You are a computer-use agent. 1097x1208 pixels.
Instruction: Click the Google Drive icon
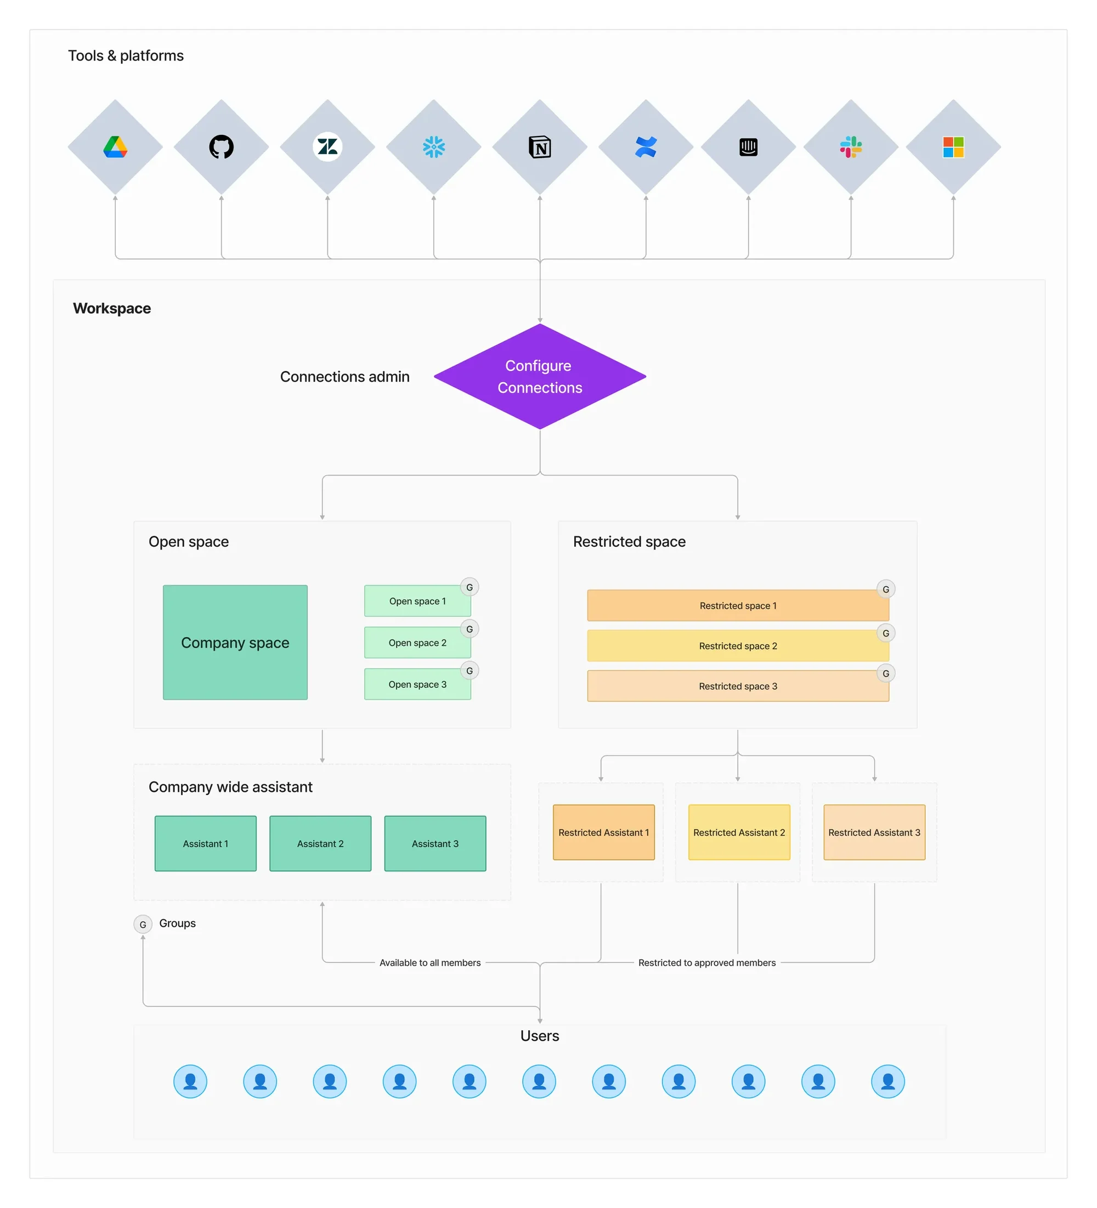pos(115,147)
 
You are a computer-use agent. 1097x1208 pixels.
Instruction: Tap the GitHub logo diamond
pos(221,147)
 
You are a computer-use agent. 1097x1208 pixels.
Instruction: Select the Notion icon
pos(540,147)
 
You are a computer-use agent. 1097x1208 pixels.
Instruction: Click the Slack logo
pos(850,147)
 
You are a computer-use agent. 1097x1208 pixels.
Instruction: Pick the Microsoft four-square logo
pos(953,147)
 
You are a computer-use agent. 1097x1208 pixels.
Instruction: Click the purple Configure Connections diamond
pos(540,376)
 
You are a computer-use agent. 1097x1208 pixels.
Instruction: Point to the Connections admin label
pos(344,376)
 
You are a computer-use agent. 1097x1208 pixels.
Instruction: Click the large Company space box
pos(235,642)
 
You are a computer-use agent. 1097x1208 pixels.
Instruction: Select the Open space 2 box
pos(417,642)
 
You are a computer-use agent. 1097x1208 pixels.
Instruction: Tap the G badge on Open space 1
pos(470,587)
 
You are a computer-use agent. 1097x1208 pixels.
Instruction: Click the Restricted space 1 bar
pos(737,605)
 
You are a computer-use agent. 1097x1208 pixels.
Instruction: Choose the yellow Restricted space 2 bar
pos(737,645)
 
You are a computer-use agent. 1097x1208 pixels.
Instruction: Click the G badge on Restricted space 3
pos(885,673)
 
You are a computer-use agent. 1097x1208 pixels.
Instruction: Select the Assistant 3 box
pos(434,843)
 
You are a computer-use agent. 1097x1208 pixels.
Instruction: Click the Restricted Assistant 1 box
pos(603,832)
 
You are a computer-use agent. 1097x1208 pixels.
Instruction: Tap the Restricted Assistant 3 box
pos(873,832)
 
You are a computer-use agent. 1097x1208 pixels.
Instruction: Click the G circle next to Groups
pos(143,924)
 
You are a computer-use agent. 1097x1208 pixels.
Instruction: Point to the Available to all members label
pos(430,962)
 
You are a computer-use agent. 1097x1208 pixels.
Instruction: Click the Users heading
pos(540,1035)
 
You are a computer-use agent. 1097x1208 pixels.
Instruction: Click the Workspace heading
pos(112,308)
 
